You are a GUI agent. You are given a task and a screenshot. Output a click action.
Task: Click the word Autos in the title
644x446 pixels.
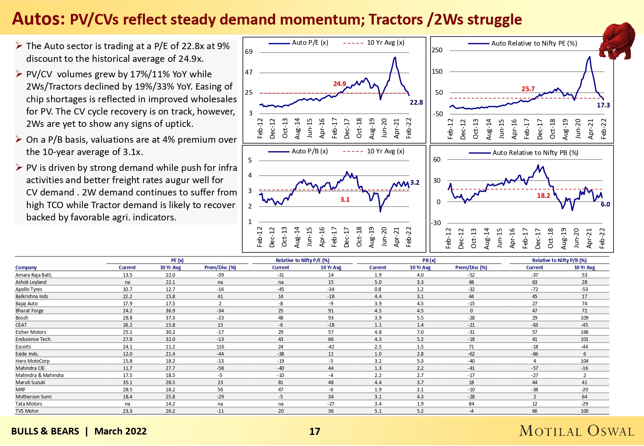coord(38,19)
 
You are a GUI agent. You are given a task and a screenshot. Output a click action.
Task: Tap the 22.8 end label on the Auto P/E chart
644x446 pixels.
coord(416,102)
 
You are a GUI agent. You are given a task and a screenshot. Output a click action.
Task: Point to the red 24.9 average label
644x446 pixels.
coord(340,84)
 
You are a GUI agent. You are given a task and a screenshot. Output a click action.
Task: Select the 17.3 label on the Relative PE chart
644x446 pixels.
coord(603,105)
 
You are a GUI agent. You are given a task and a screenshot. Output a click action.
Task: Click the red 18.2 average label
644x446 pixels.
coord(543,195)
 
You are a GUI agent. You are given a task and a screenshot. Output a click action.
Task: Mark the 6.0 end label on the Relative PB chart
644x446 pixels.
coord(605,204)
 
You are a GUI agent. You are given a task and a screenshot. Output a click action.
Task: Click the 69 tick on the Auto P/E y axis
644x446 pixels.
coord(249,52)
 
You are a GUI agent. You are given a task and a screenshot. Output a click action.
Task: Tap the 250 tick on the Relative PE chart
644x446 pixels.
coord(437,50)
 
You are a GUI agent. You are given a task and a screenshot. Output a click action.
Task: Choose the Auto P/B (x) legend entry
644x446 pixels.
coord(310,151)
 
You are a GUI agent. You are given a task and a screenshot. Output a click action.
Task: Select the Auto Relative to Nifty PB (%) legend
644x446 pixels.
coord(535,153)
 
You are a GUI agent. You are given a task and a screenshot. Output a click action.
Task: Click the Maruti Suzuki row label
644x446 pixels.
coord(31,383)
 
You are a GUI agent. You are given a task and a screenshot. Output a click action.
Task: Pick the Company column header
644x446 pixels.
coord(26,268)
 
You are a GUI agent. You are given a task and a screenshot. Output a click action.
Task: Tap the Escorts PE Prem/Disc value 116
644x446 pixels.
coord(220,346)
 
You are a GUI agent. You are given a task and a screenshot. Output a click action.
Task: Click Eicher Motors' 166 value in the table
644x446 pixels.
coord(585,332)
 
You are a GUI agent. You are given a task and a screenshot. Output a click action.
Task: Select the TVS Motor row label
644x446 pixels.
coord(27,411)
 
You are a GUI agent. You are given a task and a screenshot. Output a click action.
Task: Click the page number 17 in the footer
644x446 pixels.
coord(315,431)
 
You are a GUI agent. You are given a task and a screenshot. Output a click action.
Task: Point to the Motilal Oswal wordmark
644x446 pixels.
coord(577,431)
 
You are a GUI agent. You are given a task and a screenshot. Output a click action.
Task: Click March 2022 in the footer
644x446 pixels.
coord(120,431)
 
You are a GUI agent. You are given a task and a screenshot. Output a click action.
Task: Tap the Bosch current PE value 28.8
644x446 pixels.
coord(128,318)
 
